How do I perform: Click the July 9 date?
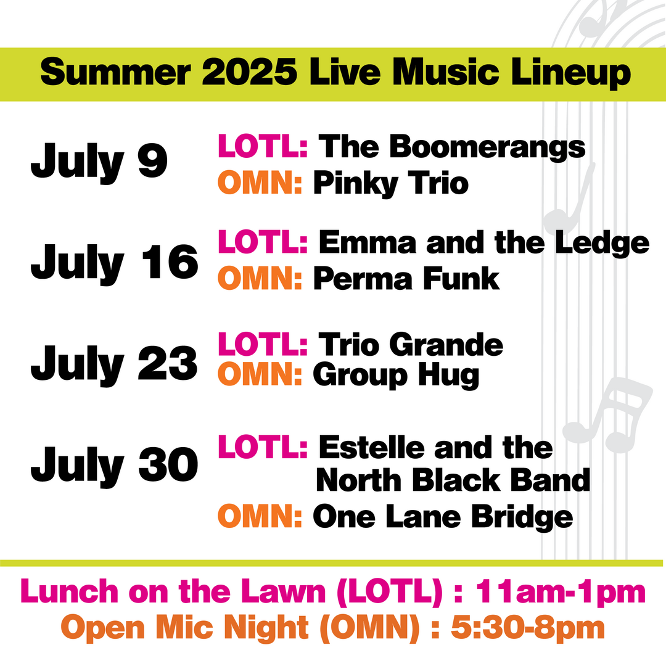pyautogui.click(x=99, y=162)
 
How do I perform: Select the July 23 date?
pyautogui.click(x=114, y=364)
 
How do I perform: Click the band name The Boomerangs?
pyautogui.click(x=451, y=147)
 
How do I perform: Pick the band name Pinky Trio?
pyautogui.click(x=390, y=183)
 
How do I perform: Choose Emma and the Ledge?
pyautogui.click(x=483, y=243)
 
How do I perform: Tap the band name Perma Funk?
pyautogui.click(x=406, y=279)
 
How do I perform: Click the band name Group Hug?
pyautogui.click(x=396, y=375)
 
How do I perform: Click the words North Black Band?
pyautogui.click(x=453, y=480)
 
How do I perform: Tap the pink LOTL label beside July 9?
pyautogui.click(x=263, y=147)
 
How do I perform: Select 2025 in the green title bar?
pyautogui.click(x=244, y=74)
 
